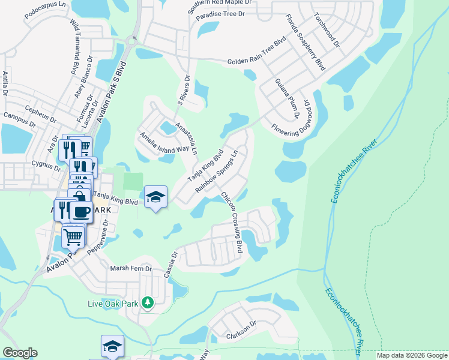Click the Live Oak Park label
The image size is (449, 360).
[113, 304]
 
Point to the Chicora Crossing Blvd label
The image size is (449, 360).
[231, 223]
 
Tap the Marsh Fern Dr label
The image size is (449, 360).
[131, 269]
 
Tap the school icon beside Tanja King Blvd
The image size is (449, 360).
[155, 197]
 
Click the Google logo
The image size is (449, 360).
[20, 353]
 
